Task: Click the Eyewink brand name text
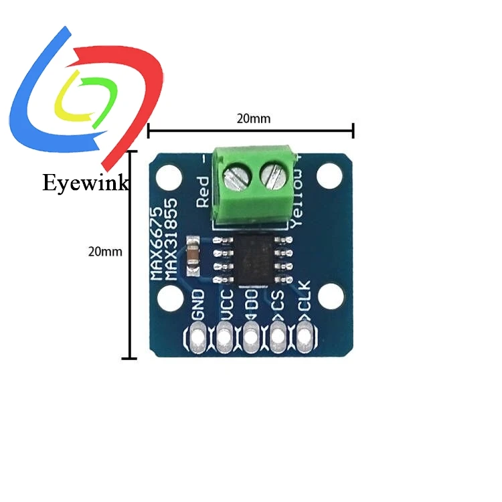click(x=85, y=183)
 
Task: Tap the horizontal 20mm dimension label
click(x=254, y=118)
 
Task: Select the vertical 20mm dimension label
click(x=105, y=252)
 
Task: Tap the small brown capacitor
click(x=192, y=255)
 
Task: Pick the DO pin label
click(x=252, y=307)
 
